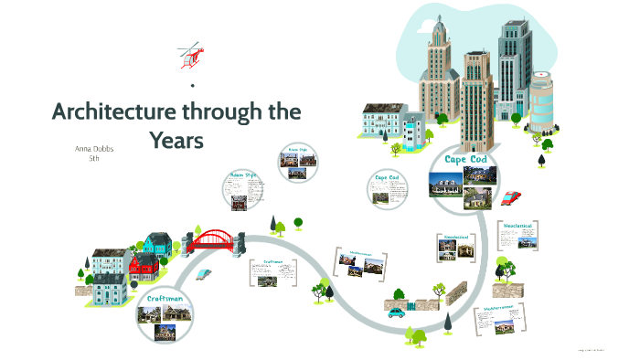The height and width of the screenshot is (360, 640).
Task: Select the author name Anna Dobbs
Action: tap(95, 148)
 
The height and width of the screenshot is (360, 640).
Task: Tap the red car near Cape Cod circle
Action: tap(512, 196)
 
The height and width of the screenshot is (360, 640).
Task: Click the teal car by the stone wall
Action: tap(396, 312)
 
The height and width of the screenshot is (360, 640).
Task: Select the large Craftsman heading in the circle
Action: tap(166, 299)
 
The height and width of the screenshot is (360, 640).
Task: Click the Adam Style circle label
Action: tap(242, 174)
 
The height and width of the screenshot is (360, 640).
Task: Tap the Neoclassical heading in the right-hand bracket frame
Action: tap(517, 225)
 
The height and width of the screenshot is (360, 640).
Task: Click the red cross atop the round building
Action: tap(542, 72)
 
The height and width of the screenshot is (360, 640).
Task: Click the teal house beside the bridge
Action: tap(158, 243)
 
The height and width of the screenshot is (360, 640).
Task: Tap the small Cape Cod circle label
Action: tap(387, 177)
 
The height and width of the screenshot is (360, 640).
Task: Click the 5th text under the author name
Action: tap(93, 159)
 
